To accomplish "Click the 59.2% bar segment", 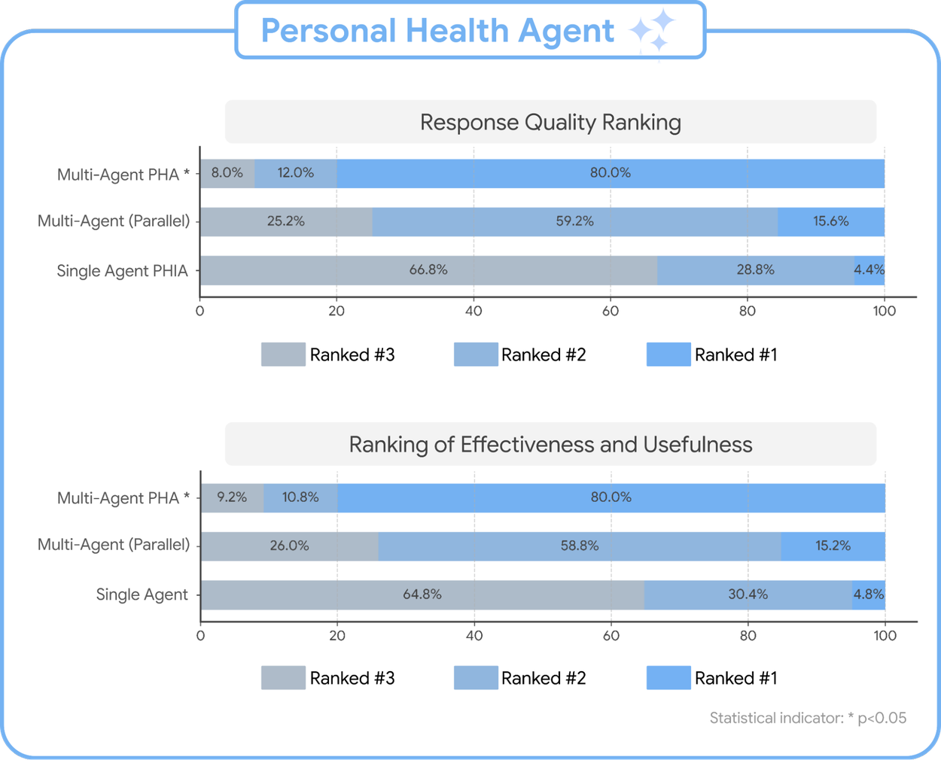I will [x=574, y=221].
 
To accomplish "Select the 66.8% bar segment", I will [x=428, y=270].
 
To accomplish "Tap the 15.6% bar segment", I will [x=830, y=221].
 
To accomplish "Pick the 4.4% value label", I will [x=869, y=269].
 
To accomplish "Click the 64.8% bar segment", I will [x=422, y=594].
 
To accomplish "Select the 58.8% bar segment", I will [x=580, y=546].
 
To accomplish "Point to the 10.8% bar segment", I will [x=300, y=497].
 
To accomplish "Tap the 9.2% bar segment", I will [x=232, y=497].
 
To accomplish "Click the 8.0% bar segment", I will [x=227, y=173].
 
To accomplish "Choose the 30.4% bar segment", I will [x=748, y=594].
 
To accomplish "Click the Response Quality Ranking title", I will [x=550, y=122].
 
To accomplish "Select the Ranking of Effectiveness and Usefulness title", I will [x=550, y=445].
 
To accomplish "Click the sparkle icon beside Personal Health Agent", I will [x=652, y=30].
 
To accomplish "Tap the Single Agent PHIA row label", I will [x=122, y=271].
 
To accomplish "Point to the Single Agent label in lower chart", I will [x=142, y=594].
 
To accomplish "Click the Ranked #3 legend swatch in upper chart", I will [x=283, y=354].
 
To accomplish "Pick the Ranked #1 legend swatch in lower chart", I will [x=668, y=678].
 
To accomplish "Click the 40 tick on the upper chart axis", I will [x=474, y=311].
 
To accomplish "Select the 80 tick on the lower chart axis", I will [x=748, y=635].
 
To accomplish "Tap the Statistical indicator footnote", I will [x=808, y=718].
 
